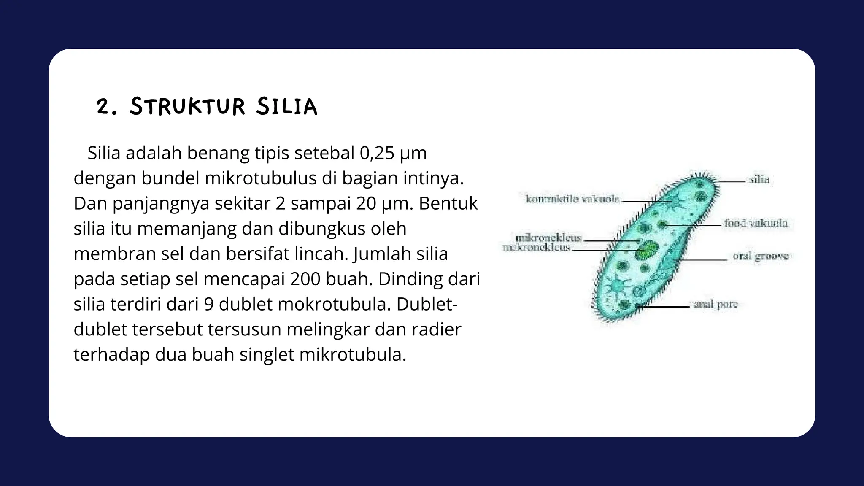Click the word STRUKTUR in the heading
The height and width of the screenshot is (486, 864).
(187, 106)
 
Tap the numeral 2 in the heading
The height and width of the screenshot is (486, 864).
(103, 107)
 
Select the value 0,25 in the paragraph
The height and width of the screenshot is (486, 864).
(377, 153)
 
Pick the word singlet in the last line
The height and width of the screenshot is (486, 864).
(267, 354)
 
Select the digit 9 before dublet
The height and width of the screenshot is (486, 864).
(208, 304)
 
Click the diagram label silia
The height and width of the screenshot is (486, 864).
(759, 180)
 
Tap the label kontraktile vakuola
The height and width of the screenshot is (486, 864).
(572, 199)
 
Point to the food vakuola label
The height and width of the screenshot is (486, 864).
(756, 223)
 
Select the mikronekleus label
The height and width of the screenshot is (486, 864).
(548, 238)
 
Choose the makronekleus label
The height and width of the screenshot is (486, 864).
(536, 247)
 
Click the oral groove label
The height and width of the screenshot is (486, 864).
(761, 256)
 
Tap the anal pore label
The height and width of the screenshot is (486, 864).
(715, 305)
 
